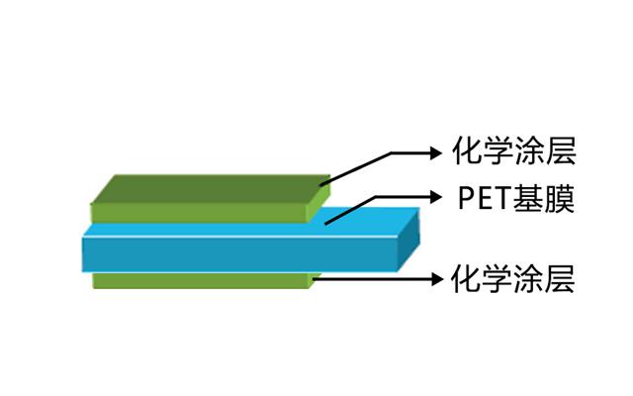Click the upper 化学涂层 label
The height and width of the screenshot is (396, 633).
click(x=513, y=151)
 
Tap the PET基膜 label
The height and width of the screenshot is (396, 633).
click(x=516, y=198)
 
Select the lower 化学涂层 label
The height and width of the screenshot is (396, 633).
click(x=512, y=278)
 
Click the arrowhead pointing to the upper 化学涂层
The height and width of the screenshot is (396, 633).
click(x=436, y=153)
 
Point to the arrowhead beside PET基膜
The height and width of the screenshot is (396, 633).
click(x=436, y=197)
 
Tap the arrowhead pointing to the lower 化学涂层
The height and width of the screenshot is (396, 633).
click(x=436, y=279)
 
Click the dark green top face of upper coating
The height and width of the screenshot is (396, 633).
click(x=211, y=189)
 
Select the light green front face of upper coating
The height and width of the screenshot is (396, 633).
click(x=199, y=213)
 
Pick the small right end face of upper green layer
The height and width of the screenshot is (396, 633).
click(x=318, y=203)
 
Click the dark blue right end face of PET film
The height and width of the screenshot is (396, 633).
click(x=408, y=242)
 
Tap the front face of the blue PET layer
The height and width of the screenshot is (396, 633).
click(x=239, y=254)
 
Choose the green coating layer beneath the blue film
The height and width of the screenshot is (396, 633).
click(x=203, y=280)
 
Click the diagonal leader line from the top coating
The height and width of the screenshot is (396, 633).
click(x=356, y=169)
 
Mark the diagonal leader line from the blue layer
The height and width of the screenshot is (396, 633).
click(x=350, y=210)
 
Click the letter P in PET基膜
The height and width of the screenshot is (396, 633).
click(x=466, y=198)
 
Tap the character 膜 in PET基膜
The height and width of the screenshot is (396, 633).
click(x=559, y=198)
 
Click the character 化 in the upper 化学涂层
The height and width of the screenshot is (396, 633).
click(x=467, y=151)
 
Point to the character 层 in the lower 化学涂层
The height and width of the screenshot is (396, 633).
click(x=560, y=278)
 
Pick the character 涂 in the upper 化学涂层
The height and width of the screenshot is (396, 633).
click(x=530, y=151)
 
